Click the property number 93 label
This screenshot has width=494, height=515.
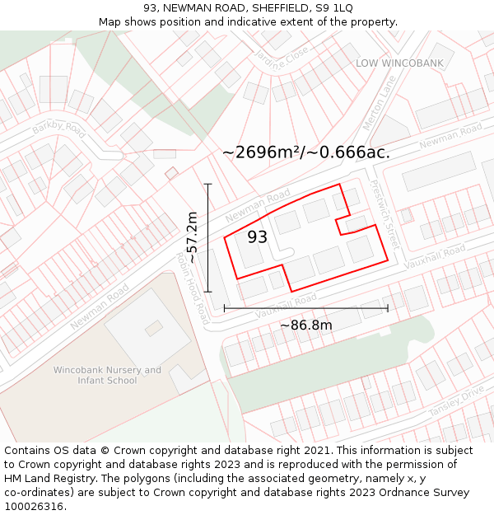point(257,237)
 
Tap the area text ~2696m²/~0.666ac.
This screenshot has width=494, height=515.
point(306,152)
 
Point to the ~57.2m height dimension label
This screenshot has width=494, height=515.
point(192,237)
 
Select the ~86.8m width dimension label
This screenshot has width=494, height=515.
point(306,325)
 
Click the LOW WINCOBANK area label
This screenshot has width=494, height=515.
point(399,63)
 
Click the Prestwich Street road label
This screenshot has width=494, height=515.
point(385,216)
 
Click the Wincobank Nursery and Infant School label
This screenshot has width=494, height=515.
point(107,375)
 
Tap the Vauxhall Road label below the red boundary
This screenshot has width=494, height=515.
point(286,307)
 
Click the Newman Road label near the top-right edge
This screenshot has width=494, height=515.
point(450,136)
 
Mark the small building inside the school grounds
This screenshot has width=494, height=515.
point(154,328)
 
